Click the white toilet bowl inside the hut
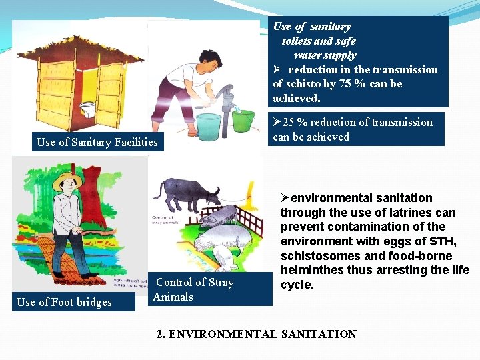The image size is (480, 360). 87,109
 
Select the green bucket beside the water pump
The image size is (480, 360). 243,120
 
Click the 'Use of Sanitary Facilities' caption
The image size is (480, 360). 97,142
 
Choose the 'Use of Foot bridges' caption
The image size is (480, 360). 64,302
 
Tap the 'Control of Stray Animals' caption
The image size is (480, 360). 194,289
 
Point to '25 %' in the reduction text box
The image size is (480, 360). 295,122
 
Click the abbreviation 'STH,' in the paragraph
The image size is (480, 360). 435,241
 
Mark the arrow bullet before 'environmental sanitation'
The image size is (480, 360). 285,198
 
